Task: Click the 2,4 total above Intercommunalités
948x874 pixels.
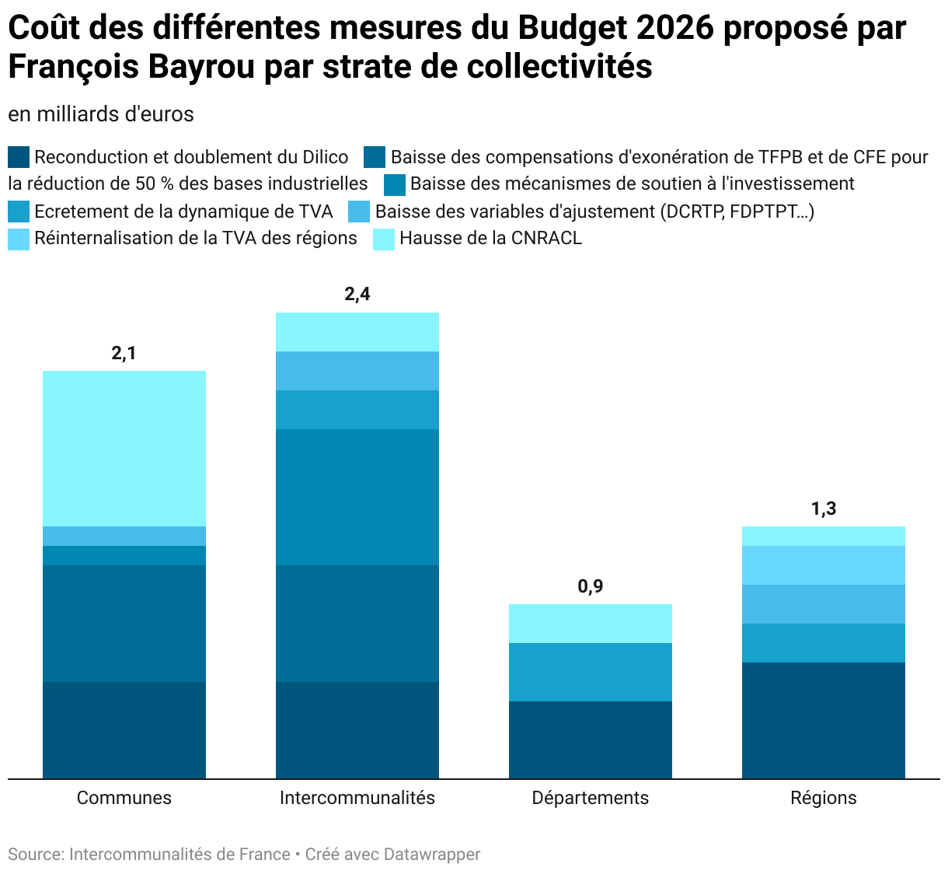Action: tap(357, 294)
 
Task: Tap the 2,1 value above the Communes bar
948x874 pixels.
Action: tap(124, 353)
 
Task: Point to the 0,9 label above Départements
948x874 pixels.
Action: tap(591, 586)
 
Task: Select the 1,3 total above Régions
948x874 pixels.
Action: tap(824, 509)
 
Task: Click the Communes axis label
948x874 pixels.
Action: tap(124, 798)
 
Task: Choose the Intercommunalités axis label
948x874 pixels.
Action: tap(357, 798)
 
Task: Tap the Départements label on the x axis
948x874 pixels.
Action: tap(591, 798)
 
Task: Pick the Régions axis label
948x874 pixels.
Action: tap(824, 798)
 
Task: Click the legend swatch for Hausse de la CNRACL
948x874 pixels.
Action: tap(385, 239)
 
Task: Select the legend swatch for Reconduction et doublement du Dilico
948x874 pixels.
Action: tap(19, 158)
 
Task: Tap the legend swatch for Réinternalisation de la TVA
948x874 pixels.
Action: tap(19, 239)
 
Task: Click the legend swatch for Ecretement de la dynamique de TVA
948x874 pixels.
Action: tap(19, 212)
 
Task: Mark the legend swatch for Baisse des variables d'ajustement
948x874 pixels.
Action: tap(360, 212)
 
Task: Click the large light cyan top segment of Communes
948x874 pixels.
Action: tap(124, 449)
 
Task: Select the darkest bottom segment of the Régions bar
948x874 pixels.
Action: tap(824, 720)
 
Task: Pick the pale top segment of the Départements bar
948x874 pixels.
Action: tap(591, 624)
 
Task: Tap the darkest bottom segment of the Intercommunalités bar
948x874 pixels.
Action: tap(357, 730)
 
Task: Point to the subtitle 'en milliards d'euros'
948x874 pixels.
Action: tap(101, 114)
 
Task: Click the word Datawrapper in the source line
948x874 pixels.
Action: tap(432, 855)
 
